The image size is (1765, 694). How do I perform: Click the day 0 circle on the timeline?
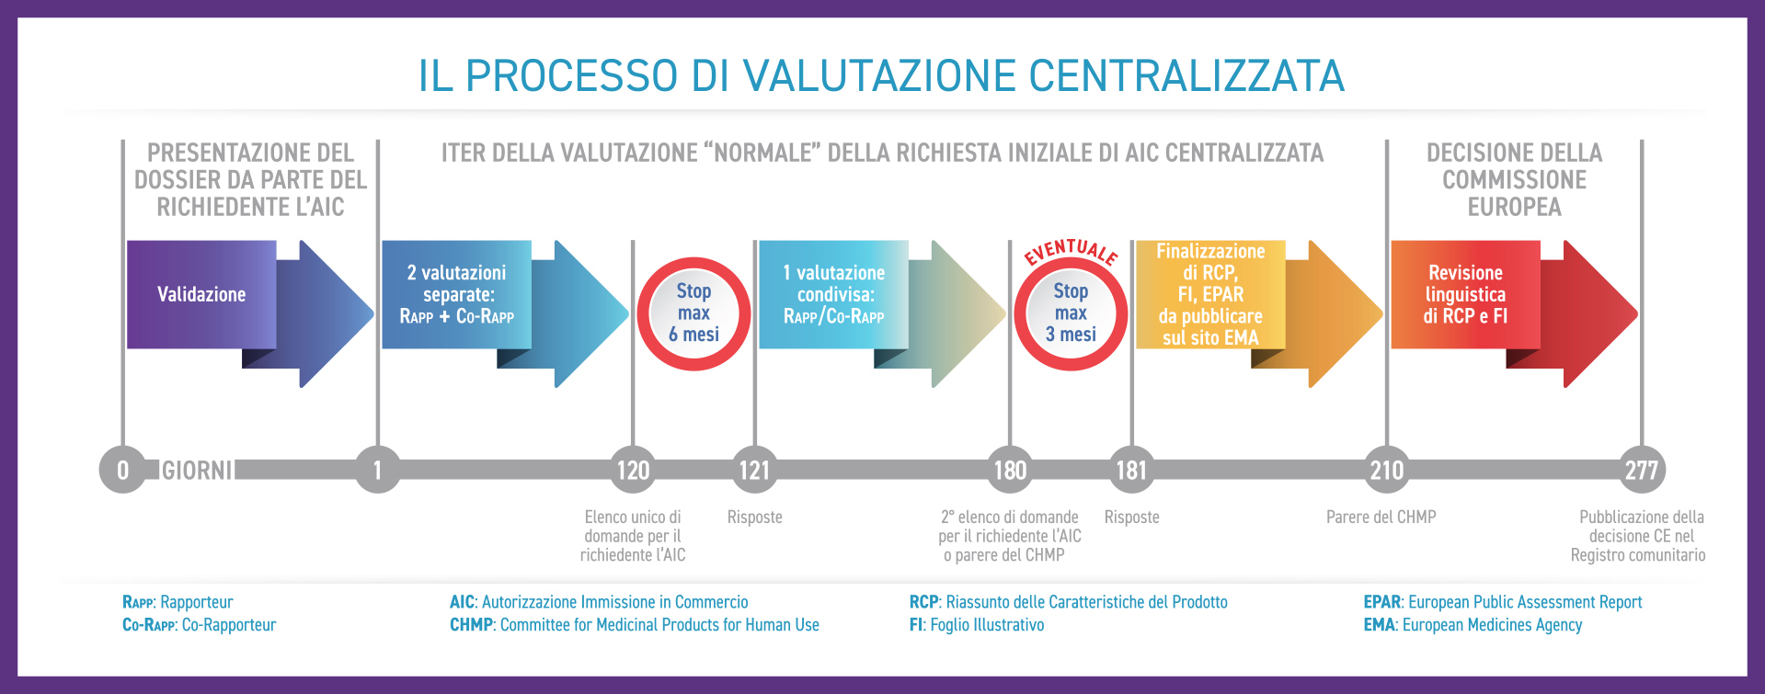click(x=122, y=470)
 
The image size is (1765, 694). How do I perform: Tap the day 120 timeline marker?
click(x=633, y=470)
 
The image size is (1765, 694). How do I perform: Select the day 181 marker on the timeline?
click(x=1131, y=470)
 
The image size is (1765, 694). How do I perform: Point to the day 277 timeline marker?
click(x=1642, y=470)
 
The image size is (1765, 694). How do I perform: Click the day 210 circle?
click(x=1387, y=470)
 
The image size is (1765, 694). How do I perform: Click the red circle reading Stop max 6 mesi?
click(x=693, y=313)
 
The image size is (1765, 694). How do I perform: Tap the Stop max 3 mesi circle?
click(x=1071, y=313)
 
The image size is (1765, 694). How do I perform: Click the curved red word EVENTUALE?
click(x=1072, y=250)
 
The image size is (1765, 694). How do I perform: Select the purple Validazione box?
click(x=201, y=294)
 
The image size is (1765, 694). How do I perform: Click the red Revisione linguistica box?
click(x=1465, y=294)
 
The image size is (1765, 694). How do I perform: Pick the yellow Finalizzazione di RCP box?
click(x=1210, y=294)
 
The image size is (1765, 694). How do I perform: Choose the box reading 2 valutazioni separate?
click(x=456, y=294)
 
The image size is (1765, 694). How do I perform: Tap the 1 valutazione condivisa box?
click(x=833, y=294)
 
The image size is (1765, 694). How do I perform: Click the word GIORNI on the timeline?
click(x=197, y=471)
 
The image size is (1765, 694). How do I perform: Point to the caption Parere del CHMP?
click(x=1381, y=518)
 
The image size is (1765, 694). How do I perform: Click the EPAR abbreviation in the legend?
click(x=1381, y=602)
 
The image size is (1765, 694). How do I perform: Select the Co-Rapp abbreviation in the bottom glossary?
click(x=149, y=625)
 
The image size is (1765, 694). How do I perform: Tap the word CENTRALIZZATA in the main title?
click(x=1186, y=75)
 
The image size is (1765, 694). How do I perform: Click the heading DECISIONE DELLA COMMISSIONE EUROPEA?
click(x=1514, y=179)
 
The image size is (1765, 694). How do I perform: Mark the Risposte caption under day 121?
click(x=754, y=518)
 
